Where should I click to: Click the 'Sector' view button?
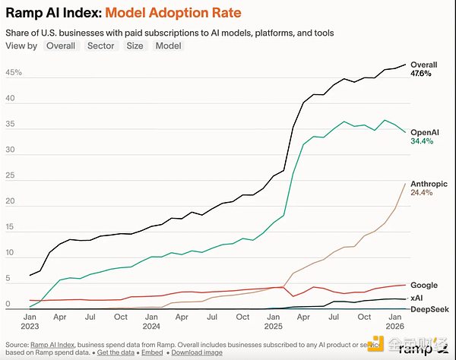coord(101,46)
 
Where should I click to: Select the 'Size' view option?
coord(135,46)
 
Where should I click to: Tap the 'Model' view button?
coord(168,46)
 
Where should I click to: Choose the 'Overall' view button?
coord(60,46)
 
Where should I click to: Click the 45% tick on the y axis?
coord(14,73)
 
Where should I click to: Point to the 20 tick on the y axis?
coord(11,201)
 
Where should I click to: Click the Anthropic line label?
coord(429,182)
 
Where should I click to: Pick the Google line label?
coord(423,285)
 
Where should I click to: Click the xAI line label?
coord(416,298)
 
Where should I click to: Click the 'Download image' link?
coord(197,353)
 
